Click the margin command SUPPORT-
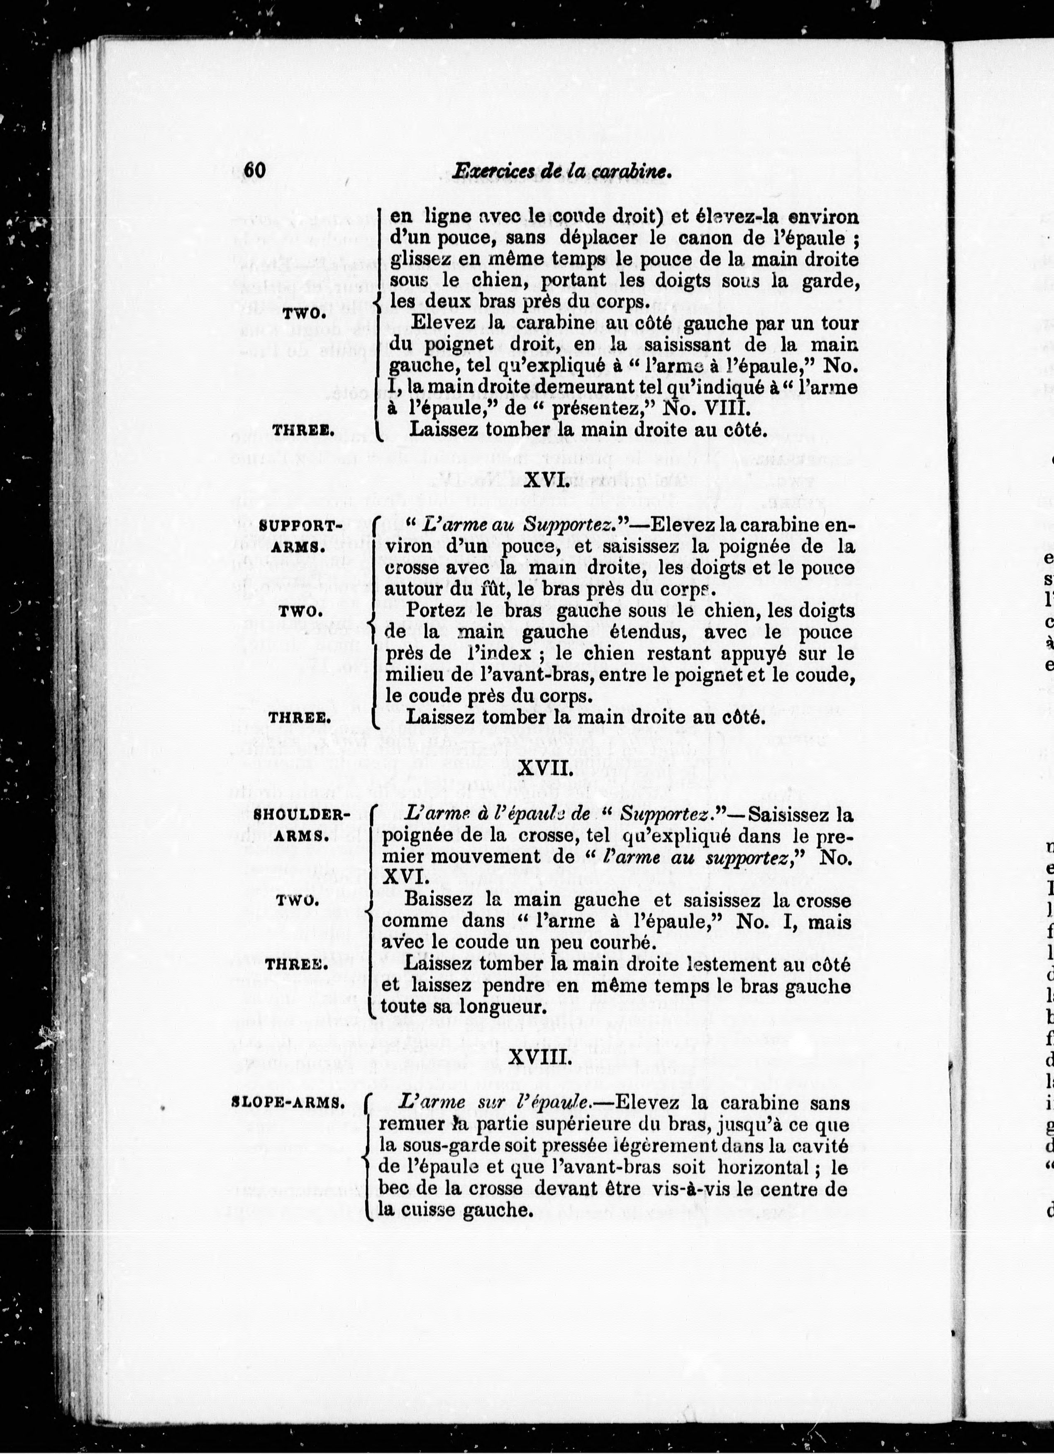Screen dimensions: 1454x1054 298,526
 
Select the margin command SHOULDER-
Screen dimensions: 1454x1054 301,815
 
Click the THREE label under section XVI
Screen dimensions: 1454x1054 300,718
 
